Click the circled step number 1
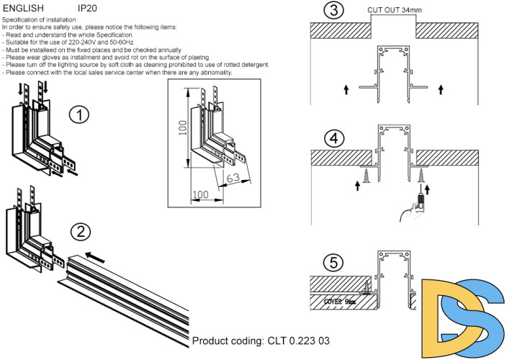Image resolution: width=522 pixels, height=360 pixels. [79, 115]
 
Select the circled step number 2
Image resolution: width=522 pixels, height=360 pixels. [81, 231]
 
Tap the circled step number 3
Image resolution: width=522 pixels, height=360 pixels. [333, 10]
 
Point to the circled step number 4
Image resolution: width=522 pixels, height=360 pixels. [334, 138]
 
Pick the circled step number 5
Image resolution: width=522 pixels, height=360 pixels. [333, 263]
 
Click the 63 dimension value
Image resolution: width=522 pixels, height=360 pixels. [233, 178]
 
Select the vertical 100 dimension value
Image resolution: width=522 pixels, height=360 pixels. [183, 128]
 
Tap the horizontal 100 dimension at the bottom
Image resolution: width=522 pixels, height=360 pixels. [200, 194]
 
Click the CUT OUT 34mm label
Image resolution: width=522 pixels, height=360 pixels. [394, 10]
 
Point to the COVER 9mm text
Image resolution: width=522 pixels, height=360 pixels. [340, 302]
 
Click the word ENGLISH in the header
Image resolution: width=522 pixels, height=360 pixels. [23, 8]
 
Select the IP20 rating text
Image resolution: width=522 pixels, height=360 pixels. [87, 8]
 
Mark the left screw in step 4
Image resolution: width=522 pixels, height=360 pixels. [366, 175]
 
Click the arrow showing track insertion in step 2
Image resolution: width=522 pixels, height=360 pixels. [95, 258]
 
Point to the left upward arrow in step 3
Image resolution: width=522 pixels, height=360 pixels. [346, 89]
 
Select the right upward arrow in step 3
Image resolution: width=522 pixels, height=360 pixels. [441, 89]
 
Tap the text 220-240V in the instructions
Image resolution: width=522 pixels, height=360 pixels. [82, 42]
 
